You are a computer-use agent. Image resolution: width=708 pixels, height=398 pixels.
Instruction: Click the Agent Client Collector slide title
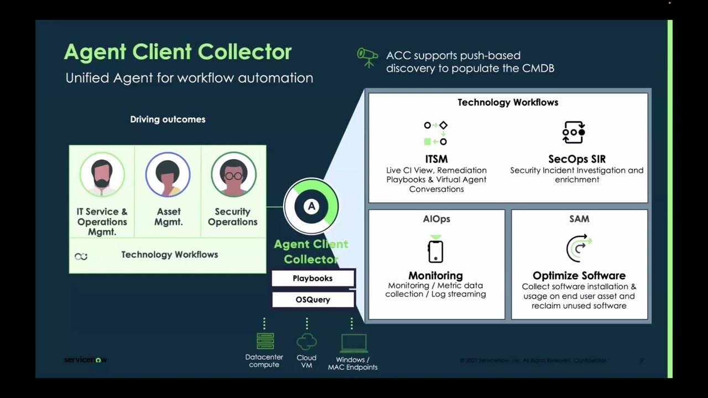pos(178,52)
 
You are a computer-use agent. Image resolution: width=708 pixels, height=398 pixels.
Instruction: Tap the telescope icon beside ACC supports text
pos(367,57)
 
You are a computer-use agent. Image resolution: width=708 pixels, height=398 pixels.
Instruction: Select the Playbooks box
pos(313,278)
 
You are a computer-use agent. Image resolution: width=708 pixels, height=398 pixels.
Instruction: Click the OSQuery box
pos(313,300)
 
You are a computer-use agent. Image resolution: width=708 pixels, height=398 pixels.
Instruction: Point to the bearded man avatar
pos(102,175)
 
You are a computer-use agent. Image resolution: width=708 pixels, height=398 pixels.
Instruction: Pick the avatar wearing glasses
pos(233,175)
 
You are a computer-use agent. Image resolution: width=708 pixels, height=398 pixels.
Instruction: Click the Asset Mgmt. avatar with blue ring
pos(168,175)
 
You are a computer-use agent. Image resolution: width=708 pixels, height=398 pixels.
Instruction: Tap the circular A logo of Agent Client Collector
pos(311,206)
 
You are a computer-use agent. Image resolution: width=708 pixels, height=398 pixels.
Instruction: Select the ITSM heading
pos(436,159)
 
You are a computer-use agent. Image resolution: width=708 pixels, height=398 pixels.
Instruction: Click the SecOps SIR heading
pos(576,159)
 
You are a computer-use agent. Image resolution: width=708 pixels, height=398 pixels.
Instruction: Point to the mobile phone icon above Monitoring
pos(436,250)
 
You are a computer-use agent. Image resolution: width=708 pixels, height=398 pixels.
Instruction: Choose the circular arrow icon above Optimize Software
pos(579,248)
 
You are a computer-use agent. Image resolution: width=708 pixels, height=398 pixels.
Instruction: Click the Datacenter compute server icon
pos(265,341)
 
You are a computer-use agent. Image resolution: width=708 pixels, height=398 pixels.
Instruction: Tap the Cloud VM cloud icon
pos(306,342)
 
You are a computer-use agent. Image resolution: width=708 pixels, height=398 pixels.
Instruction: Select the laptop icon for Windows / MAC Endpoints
pos(353,343)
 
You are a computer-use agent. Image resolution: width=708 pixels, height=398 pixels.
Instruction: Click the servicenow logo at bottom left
pos(85,360)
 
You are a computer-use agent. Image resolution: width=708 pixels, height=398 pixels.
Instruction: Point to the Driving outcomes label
pos(168,119)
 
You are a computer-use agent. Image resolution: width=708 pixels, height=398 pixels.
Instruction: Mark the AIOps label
pos(436,219)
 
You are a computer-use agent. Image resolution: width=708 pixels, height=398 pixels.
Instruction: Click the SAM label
pos(579,219)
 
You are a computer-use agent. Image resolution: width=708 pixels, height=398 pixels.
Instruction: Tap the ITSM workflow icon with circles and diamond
pos(435,133)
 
